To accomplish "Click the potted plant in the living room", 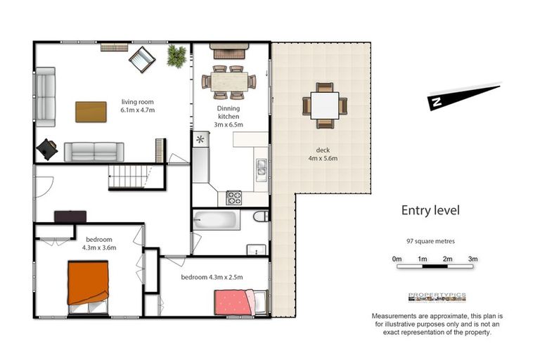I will pos(176,57).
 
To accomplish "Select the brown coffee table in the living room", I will pos(91,112).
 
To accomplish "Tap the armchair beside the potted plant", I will pos(143,60).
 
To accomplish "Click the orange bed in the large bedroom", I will pos(88,283).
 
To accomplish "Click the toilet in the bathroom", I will pos(259,217).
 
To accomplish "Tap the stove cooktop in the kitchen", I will pos(233,198).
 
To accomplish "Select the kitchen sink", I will pos(261,167).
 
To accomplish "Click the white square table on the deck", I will pos(325,105).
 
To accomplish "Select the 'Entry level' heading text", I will pos(430,210).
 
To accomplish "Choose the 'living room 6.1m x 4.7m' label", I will pos(138,105).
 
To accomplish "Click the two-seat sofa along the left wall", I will pos(46,96).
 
